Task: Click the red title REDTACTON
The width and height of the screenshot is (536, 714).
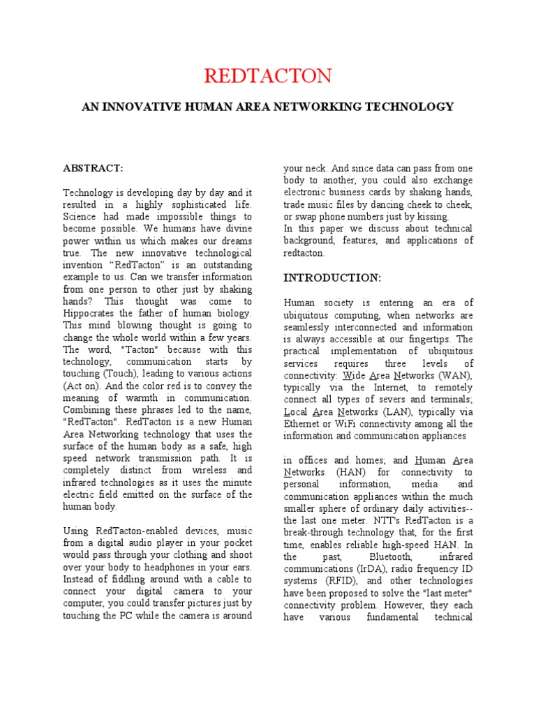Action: coord(268,75)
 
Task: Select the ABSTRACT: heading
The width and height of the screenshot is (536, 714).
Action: coord(93,169)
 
